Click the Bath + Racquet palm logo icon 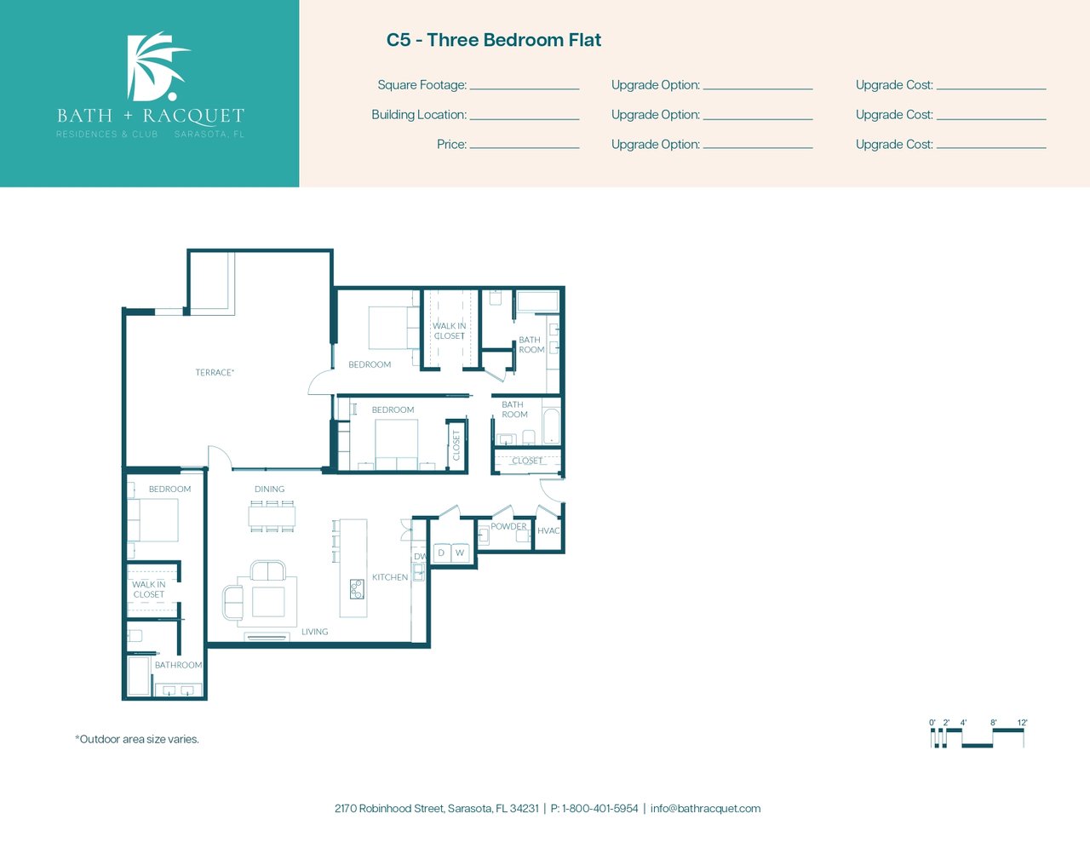(x=157, y=66)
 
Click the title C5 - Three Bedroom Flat (x=494, y=40)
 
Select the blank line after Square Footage (x=525, y=89)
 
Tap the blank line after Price (x=525, y=148)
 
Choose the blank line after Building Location (x=525, y=119)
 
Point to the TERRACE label (x=215, y=372)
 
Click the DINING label (x=269, y=489)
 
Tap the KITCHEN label (x=390, y=577)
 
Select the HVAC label (x=548, y=530)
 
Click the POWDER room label (x=508, y=526)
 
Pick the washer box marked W (x=460, y=553)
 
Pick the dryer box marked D (x=441, y=553)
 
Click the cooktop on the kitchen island (x=357, y=589)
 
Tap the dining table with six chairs (x=272, y=516)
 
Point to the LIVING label (x=314, y=632)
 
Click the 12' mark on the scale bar (x=1022, y=723)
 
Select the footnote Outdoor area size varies (x=137, y=739)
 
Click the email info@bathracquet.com (x=705, y=809)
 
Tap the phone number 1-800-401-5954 (x=600, y=809)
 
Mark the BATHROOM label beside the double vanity (x=178, y=665)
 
